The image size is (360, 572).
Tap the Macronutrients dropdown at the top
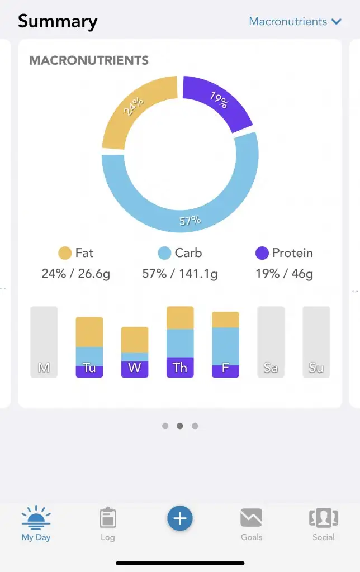click(x=295, y=22)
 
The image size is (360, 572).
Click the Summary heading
click(x=58, y=22)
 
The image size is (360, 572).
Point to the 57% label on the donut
click(x=190, y=221)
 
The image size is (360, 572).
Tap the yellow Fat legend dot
click(x=65, y=253)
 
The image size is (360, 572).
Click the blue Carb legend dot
click(x=164, y=253)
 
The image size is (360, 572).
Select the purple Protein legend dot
click(x=262, y=253)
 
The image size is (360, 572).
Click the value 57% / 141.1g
click(x=180, y=274)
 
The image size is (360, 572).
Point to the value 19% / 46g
click(x=285, y=274)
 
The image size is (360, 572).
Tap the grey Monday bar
click(x=44, y=342)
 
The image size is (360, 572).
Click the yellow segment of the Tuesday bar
click(x=89, y=332)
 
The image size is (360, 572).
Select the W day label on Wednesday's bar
click(x=135, y=368)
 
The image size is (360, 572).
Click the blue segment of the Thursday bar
click(x=180, y=344)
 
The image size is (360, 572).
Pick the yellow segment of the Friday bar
click(x=225, y=320)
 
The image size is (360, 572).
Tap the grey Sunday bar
click(x=316, y=342)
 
